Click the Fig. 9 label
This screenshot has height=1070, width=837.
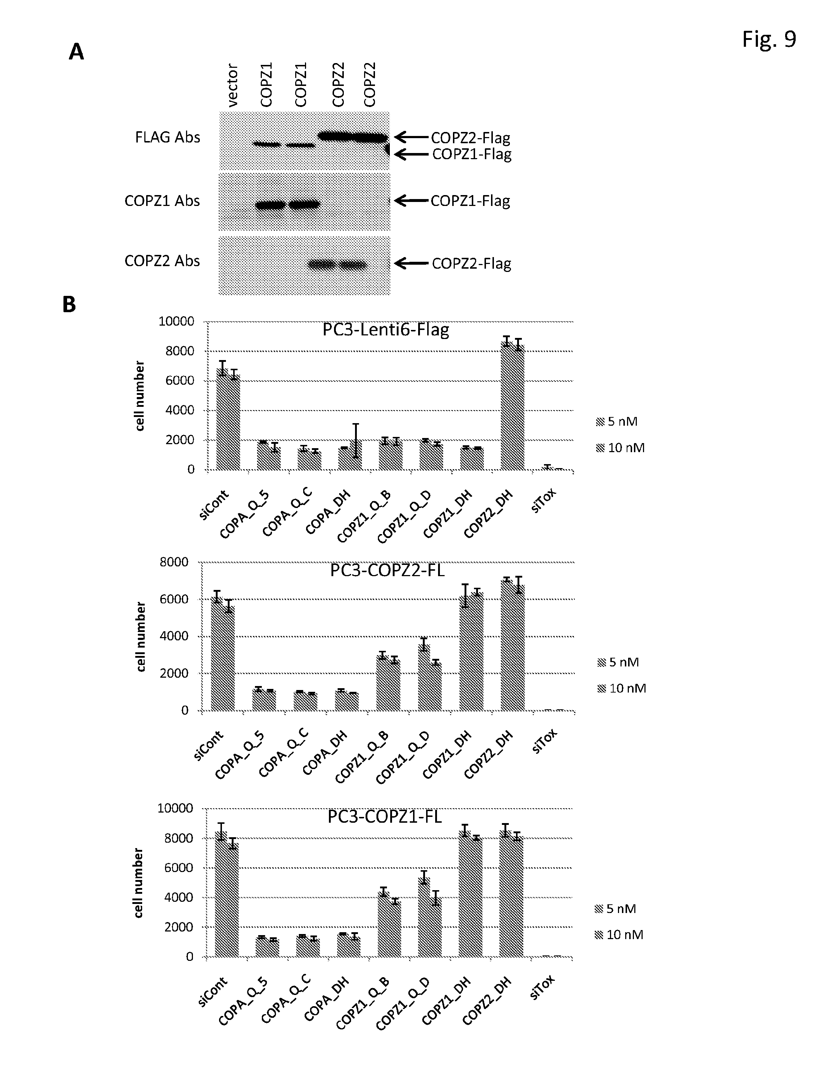point(768,39)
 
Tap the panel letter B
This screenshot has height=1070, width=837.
point(69,304)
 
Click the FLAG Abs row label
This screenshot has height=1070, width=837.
point(168,137)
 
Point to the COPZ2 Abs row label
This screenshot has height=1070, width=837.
point(162,261)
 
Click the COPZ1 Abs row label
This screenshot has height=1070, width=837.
point(162,201)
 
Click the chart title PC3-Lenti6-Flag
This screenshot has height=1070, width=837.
point(385,329)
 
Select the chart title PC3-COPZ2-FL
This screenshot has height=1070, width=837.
point(387,570)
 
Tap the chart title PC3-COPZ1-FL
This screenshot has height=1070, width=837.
point(385,817)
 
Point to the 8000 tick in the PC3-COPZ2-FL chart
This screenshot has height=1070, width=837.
point(174,562)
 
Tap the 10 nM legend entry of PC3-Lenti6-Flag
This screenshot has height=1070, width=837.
point(620,448)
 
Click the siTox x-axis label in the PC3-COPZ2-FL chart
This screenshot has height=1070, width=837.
point(544,741)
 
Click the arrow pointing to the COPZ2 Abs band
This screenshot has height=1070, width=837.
point(411,264)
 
